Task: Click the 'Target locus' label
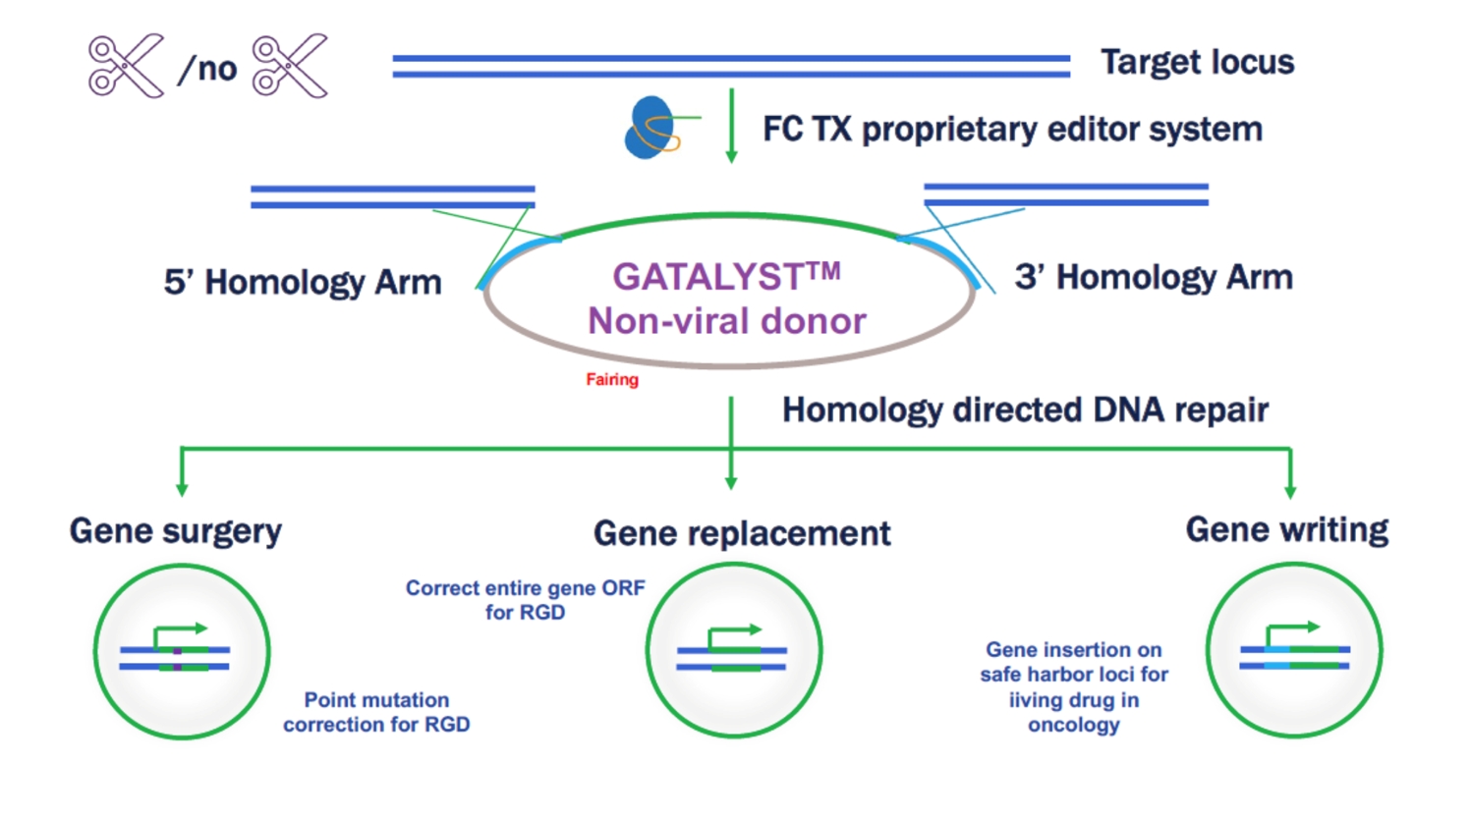[x=1197, y=62]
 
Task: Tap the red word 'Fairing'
[x=612, y=380]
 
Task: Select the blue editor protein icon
[x=651, y=128]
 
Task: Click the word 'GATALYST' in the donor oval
[x=715, y=276]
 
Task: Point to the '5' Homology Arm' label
[x=303, y=282]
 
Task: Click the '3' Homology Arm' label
[x=1154, y=277]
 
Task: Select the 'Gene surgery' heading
[x=176, y=530]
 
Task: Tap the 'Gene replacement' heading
[x=742, y=533]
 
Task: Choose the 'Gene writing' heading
[x=1287, y=529]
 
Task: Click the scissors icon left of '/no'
[x=126, y=66]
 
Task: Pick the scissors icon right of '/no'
[x=290, y=66]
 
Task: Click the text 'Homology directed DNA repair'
[x=1025, y=410]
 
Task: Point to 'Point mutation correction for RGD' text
[x=376, y=712]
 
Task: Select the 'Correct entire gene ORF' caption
[x=526, y=588]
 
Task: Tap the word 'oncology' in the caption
[x=1074, y=725]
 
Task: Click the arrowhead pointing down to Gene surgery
[x=182, y=489]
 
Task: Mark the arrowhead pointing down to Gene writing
[x=1290, y=491]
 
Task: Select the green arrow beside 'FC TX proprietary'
[x=731, y=126]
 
